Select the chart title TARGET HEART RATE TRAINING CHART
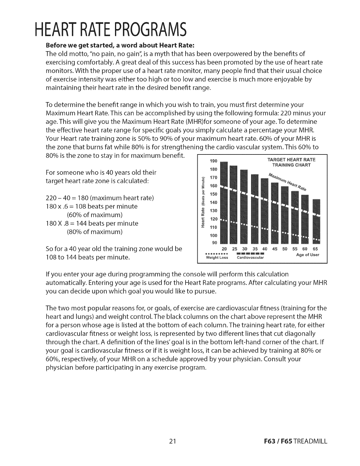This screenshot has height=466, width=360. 291,162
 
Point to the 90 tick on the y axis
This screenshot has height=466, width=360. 214,243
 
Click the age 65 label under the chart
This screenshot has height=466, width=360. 315,249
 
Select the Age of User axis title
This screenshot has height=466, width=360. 307,255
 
